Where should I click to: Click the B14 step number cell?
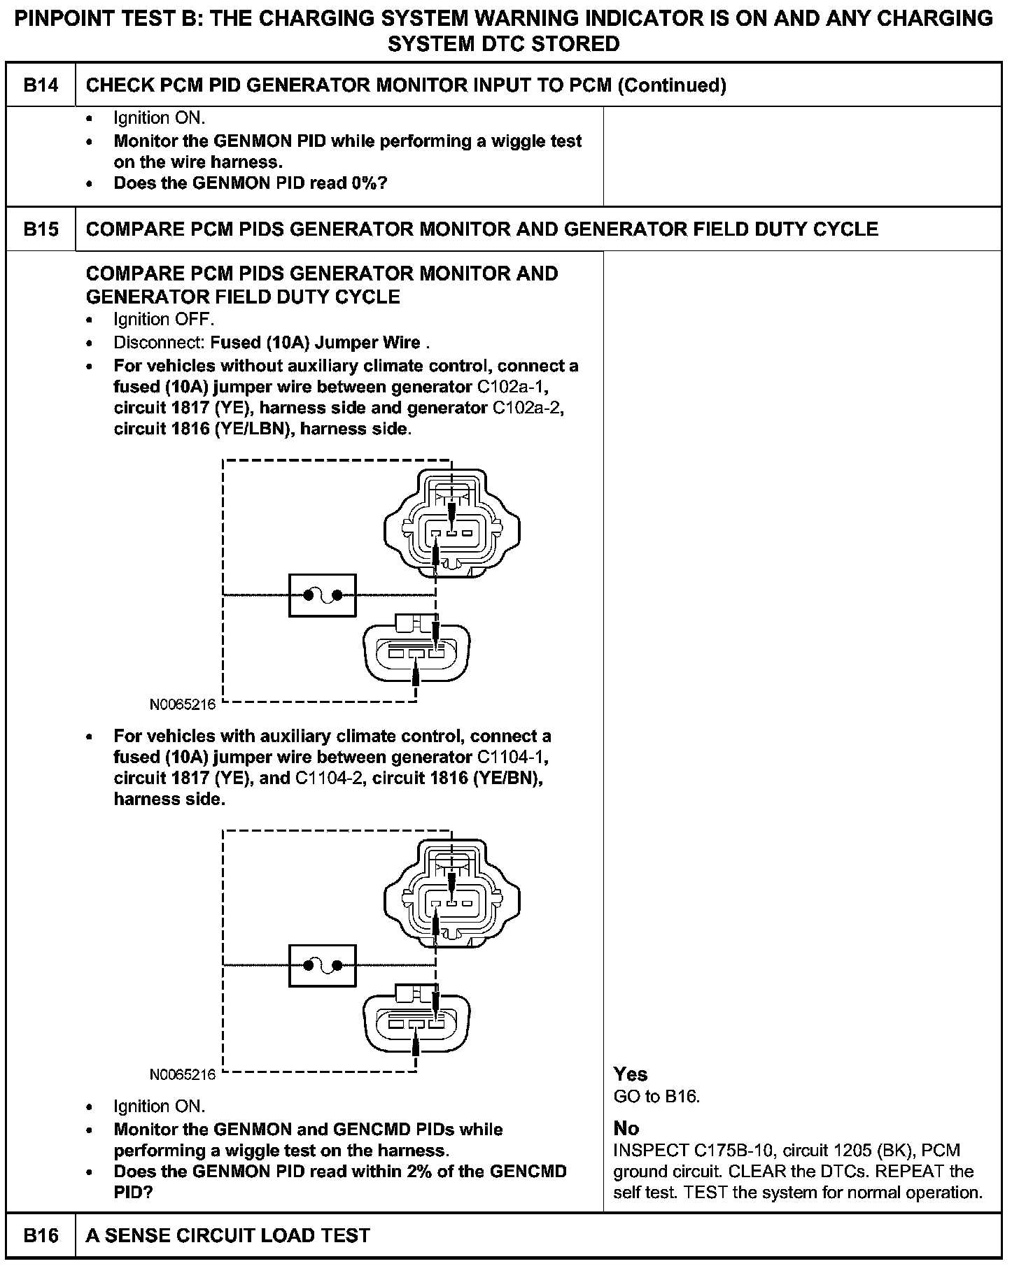coord(41,85)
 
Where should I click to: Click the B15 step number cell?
coord(41,229)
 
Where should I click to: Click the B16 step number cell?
coord(41,1235)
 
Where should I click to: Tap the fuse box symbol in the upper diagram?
coord(322,595)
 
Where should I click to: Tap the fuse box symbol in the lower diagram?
coord(322,966)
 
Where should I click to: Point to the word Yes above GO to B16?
coord(630,1074)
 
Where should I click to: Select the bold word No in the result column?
coord(626,1128)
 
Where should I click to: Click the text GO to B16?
coord(656,1096)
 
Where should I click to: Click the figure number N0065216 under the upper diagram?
coord(183,704)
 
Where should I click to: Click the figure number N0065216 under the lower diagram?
coord(183,1074)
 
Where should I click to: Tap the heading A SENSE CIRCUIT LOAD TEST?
coord(227,1235)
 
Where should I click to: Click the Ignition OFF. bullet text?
coord(164,320)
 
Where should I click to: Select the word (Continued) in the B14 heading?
coord(673,85)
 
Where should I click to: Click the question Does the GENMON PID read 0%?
coord(251,183)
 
